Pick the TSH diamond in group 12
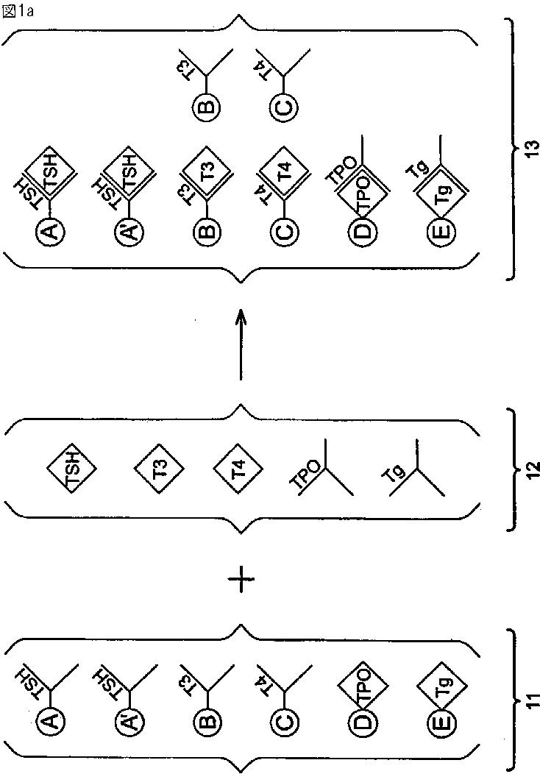pos(74,468)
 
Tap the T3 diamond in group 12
pos(160,466)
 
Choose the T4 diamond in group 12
pos(238,467)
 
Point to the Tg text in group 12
pos(398,472)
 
